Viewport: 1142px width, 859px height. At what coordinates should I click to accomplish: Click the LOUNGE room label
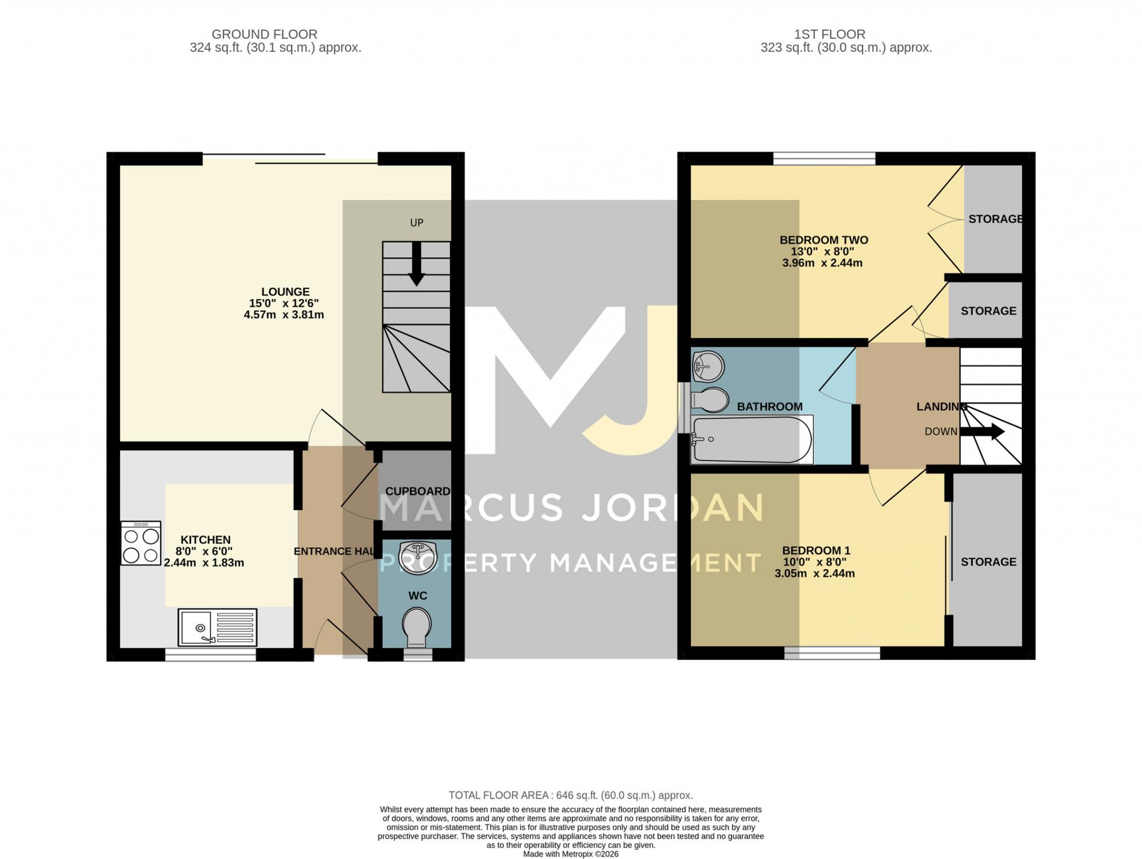(285, 292)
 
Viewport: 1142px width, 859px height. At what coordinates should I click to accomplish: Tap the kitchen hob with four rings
(141, 543)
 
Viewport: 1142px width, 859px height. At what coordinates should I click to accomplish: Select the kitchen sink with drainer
(218, 627)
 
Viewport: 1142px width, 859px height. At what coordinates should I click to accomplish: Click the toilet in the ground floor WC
(417, 627)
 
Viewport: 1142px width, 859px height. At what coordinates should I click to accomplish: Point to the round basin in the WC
(417, 557)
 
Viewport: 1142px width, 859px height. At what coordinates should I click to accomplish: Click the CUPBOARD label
(418, 492)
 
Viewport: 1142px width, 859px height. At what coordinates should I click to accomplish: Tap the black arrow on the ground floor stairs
(417, 264)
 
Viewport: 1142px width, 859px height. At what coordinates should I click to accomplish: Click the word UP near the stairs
(417, 223)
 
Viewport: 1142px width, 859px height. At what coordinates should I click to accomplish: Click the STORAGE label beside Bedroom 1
(989, 562)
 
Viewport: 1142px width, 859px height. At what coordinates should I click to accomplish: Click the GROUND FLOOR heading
(264, 34)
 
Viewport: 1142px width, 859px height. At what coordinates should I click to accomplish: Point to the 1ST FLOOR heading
(830, 34)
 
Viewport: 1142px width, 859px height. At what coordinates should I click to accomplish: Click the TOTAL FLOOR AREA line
(571, 795)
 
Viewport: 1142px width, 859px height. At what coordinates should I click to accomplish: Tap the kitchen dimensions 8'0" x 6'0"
(204, 551)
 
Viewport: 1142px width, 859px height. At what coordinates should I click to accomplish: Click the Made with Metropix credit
(571, 854)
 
